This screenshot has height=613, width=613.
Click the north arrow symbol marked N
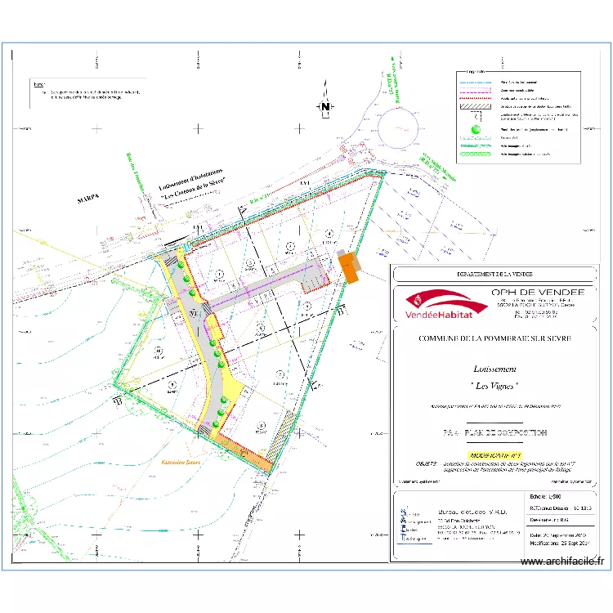tap(325, 107)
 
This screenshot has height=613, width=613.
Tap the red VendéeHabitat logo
tap(436, 305)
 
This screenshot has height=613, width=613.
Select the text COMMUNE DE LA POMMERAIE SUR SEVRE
tap(494, 338)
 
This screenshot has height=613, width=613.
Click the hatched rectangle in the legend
tap(477, 106)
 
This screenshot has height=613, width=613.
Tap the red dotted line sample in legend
tap(477, 97)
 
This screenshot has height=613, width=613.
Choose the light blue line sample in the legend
tap(477, 83)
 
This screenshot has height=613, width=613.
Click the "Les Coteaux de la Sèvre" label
tap(194, 189)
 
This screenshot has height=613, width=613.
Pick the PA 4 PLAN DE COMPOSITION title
tap(494, 432)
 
